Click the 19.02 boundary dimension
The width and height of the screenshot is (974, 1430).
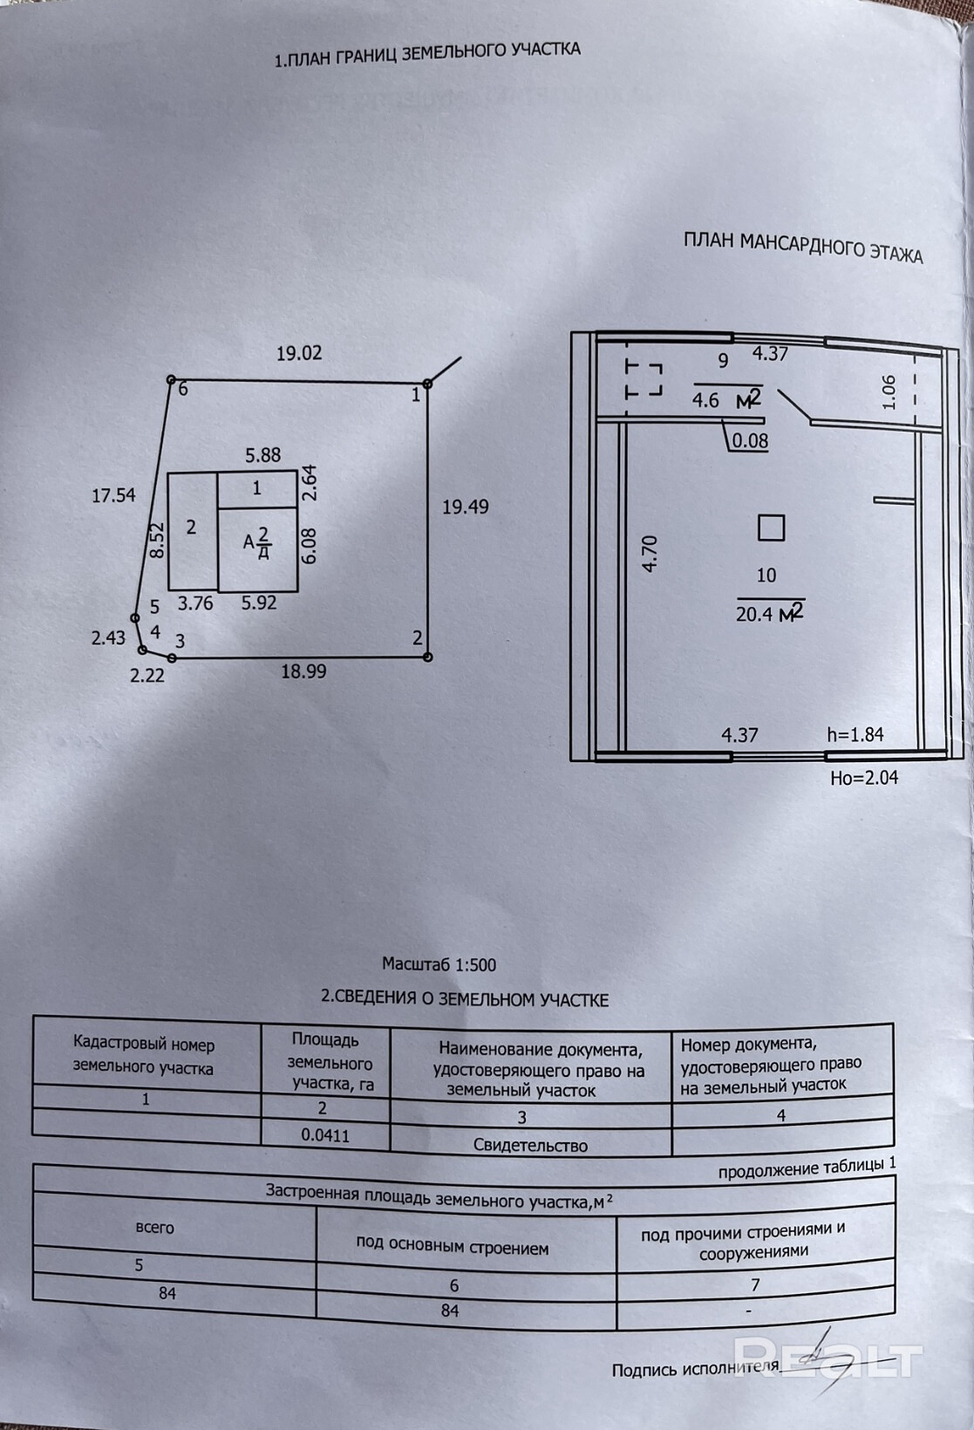tap(299, 353)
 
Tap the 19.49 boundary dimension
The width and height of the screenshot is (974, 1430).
tap(465, 507)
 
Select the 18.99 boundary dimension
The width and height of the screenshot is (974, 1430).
tap(303, 671)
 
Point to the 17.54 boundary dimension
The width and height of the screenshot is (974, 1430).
tap(113, 495)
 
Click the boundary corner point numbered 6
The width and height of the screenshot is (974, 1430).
tap(172, 380)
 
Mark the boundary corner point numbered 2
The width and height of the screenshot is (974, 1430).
tap(427, 657)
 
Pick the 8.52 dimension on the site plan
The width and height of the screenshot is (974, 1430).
tap(157, 541)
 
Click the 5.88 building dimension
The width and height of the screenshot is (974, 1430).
tap(262, 454)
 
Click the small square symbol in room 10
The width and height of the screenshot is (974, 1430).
tap(771, 528)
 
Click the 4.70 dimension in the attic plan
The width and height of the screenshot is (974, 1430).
tap(650, 553)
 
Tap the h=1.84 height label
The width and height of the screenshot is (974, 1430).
tap(855, 735)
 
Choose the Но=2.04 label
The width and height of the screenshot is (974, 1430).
tap(863, 777)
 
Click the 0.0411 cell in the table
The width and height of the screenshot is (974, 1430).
tap(325, 1135)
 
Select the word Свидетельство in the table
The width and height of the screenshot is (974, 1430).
tap(530, 1145)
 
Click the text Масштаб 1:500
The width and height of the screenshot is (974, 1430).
tap(439, 964)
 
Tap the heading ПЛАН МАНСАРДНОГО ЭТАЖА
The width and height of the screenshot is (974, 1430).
tap(802, 247)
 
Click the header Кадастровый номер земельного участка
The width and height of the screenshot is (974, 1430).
tap(144, 1055)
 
